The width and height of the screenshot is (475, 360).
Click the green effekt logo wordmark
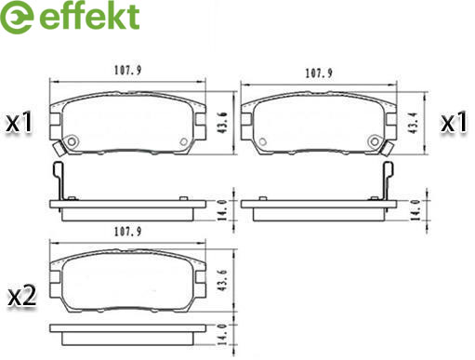click(x=89, y=16)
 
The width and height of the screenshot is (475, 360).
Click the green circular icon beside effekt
click(x=17, y=17)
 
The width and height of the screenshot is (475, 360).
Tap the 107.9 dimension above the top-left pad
click(x=127, y=70)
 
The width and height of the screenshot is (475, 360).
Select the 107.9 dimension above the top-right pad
click(x=319, y=73)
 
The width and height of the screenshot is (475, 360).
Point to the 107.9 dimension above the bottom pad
click(x=127, y=232)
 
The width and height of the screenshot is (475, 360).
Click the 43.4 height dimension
click(x=414, y=123)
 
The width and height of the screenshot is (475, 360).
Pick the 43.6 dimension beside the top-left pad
click(x=223, y=123)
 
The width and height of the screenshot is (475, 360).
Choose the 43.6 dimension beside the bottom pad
click(x=223, y=281)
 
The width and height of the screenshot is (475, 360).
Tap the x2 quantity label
click(x=22, y=296)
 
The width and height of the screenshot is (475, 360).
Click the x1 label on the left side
click(x=20, y=123)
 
